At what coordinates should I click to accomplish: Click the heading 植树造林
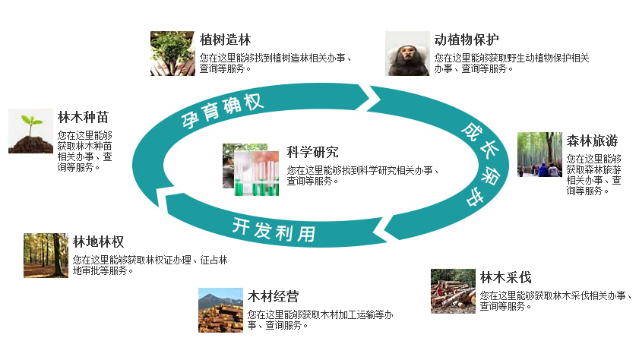click(225, 39)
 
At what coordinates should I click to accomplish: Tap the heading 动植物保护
click(467, 39)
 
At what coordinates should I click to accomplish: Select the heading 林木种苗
click(83, 118)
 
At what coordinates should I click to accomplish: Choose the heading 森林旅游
click(592, 141)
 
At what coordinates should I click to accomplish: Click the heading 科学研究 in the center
click(312, 152)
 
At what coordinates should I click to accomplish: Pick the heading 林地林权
click(98, 242)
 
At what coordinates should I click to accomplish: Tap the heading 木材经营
click(273, 296)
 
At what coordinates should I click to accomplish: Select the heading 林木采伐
click(505, 277)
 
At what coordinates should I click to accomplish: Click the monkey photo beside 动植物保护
click(407, 53)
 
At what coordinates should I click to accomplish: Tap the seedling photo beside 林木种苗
click(30, 131)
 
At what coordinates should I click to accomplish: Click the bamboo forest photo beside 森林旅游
click(539, 154)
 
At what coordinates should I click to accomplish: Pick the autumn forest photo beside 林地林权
click(46, 254)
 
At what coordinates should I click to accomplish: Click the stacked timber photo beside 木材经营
click(220, 310)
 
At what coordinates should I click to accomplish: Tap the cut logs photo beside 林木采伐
click(453, 291)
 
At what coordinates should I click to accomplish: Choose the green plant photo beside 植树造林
click(172, 53)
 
